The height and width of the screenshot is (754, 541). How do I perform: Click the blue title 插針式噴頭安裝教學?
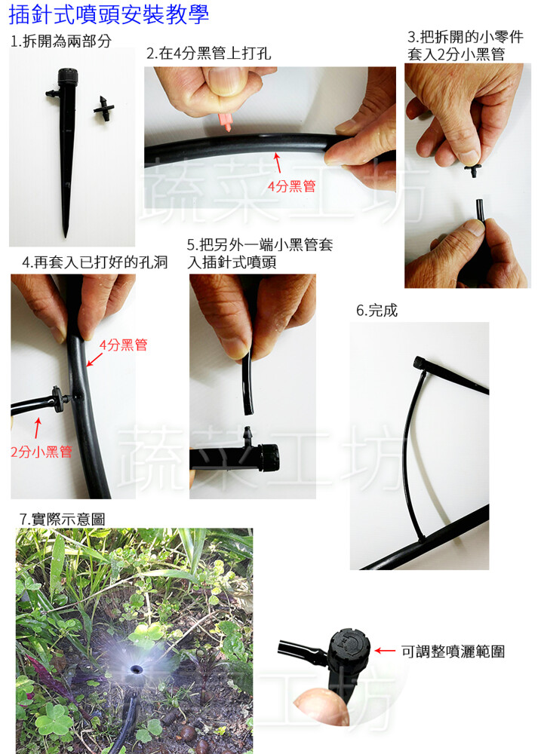click(x=109, y=14)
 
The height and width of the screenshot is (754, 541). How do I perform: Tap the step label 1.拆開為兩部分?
click(x=61, y=41)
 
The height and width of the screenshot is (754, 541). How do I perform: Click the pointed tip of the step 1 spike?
click(x=66, y=235)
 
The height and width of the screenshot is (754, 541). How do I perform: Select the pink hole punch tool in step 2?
click(x=226, y=121)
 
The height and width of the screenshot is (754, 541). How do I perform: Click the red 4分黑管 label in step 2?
click(x=292, y=186)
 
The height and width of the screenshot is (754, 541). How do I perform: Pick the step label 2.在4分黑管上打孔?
click(x=209, y=53)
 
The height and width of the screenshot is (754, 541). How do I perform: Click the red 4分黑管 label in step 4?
click(x=123, y=345)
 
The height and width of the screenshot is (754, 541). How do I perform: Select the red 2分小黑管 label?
click(x=41, y=451)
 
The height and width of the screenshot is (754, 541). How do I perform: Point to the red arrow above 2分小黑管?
click(x=38, y=428)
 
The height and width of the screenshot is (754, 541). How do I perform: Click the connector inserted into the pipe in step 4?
click(x=59, y=399)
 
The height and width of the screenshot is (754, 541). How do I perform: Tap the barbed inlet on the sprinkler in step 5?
click(x=248, y=435)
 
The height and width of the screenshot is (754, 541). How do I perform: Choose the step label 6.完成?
click(x=377, y=310)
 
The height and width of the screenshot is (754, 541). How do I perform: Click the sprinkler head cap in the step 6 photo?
click(x=420, y=363)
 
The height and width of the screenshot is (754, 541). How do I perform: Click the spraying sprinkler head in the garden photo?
click(x=137, y=669)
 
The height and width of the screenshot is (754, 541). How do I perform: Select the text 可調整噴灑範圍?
click(x=453, y=651)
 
